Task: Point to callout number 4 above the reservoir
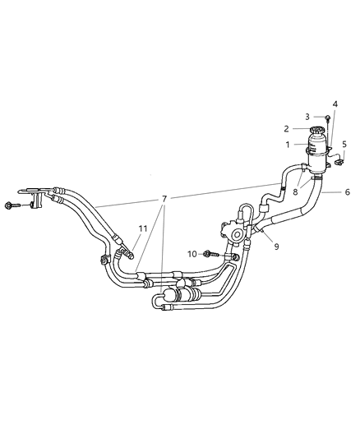[x=335, y=104]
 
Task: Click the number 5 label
[x=343, y=145]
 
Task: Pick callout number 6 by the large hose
[x=348, y=191]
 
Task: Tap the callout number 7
[x=164, y=199]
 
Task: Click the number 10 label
[x=193, y=254]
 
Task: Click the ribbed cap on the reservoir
[x=317, y=131]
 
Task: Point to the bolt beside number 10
[x=210, y=254]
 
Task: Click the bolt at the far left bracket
[x=11, y=205]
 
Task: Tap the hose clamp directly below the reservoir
[x=316, y=176]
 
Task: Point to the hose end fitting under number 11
[x=125, y=254]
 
